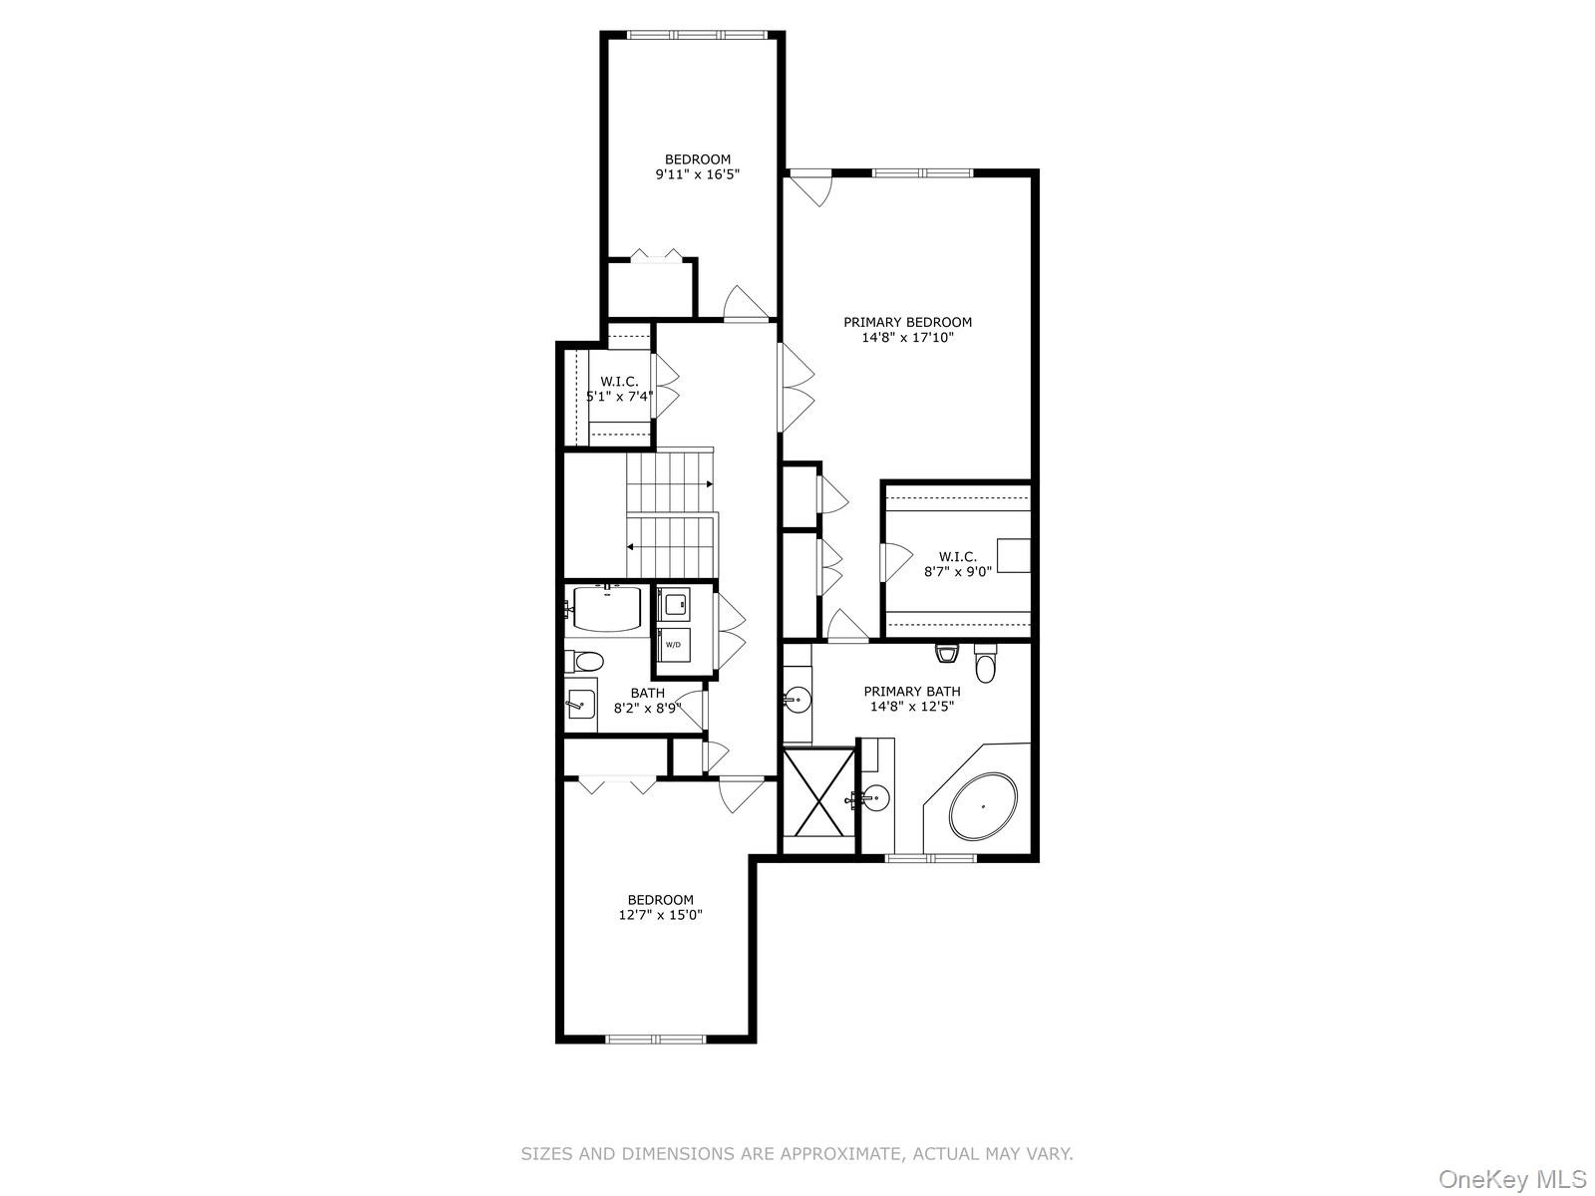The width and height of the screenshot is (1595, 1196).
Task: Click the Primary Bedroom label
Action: [x=907, y=322]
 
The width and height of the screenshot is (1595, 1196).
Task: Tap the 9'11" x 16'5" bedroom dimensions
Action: [x=697, y=174]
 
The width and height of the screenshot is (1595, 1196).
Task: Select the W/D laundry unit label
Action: [x=673, y=645]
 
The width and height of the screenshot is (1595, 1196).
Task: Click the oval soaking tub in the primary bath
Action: [x=984, y=806]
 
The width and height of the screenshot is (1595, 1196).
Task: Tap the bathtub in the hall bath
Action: [x=605, y=608]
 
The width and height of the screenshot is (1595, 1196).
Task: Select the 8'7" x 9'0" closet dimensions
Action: [x=957, y=572]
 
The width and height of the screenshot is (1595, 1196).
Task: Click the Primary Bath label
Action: [x=912, y=691]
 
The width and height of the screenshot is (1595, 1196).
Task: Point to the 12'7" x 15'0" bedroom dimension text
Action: [x=660, y=915]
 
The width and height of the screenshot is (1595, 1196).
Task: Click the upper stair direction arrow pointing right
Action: [x=709, y=484]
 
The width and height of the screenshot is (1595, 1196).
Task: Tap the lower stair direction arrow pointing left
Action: [x=631, y=546]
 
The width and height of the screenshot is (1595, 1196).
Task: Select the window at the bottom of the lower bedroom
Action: [x=655, y=1040]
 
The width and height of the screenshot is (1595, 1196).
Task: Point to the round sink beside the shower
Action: [x=875, y=797]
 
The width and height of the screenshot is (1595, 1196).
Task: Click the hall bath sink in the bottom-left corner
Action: [x=580, y=704]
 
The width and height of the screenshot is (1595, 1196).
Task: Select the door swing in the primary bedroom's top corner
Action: [x=809, y=188]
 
